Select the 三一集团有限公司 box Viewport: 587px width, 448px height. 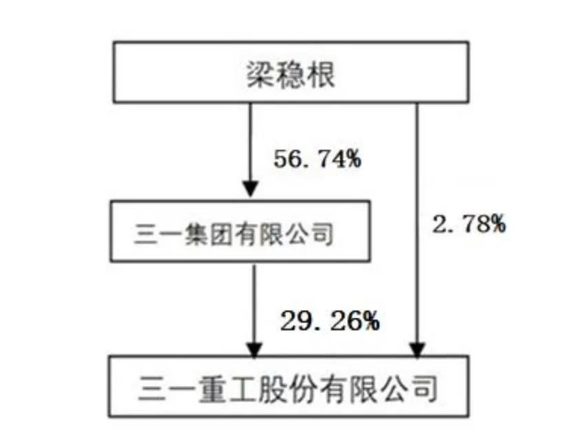[x=232, y=233]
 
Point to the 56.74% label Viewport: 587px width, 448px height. [x=317, y=158]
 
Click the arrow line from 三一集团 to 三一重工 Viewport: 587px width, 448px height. [x=254, y=302]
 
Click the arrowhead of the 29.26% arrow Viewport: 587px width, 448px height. [x=254, y=347]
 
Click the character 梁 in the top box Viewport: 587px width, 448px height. [x=252, y=76]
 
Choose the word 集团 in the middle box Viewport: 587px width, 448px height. [x=202, y=234]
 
